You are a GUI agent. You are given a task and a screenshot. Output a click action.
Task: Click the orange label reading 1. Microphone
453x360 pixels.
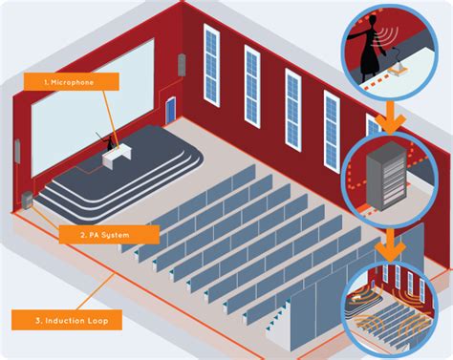click(x=72, y=82)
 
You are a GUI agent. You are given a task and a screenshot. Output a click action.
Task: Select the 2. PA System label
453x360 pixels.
click(x=109, y=235)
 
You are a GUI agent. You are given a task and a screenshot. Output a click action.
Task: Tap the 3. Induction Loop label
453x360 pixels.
click(x=67, y=320)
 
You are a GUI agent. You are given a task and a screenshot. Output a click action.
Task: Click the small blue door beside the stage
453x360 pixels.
click(x=170, y=110)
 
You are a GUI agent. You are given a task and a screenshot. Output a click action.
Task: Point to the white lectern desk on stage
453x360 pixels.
click(x=117, y=157)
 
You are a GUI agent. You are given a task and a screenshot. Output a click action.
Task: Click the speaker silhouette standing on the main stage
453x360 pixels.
click(x=109, y=142)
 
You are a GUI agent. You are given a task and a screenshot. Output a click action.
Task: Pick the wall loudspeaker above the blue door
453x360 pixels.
click(x=182, y=65)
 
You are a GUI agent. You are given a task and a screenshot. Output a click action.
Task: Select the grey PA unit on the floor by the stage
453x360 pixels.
click(x=28, y=200)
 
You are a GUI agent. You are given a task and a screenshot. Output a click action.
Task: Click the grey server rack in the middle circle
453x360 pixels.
click(x=387, y=176)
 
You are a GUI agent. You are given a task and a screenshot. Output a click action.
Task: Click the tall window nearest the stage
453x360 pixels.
click(x=211, y=65)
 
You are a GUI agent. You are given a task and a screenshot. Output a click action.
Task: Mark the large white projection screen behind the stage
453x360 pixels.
click(x=93, y=108)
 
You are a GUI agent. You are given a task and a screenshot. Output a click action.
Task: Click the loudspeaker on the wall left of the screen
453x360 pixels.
click(x=17, y=151)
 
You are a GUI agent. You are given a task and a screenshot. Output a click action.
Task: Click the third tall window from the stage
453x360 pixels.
click(x=293, y=109)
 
